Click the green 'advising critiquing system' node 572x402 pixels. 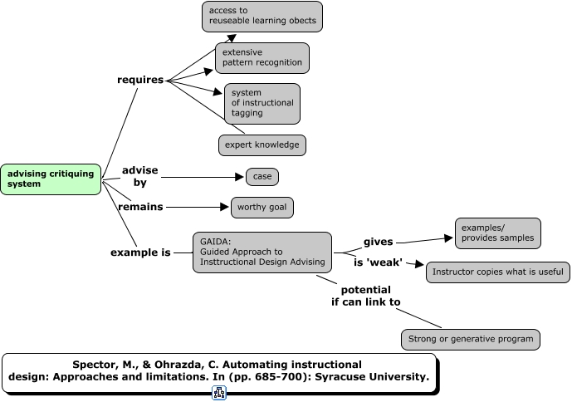click(x=51, y=179)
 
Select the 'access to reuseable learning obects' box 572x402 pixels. click(x=262, y=16)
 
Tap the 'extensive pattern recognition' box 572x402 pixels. click(x=262, y=58)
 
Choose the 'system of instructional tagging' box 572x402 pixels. click(x=262, y=103)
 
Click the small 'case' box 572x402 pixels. click(x=262, y=177)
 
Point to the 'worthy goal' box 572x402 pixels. click(x=262, y=207)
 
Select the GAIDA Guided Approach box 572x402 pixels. click(x=262, y=252)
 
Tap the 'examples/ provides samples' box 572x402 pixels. click(x=498, y=233)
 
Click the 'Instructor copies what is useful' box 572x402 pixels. click(x=498, y=272)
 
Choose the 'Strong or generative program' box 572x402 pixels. click(x=471, y=339)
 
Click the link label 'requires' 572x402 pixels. click(x=140, y=80)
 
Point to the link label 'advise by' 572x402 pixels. click(x=139, y=176)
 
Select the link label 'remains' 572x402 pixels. click(x=140, y=206)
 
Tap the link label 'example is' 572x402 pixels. click(x=140, y=252)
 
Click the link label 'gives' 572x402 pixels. click(x=378, y=242)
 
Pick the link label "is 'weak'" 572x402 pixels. click(x=379, y=262)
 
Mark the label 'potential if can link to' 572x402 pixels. click(x=361, y=296)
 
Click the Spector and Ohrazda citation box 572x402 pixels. click(x=219, y=370)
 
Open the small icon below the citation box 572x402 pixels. click(x=220, y=395)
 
